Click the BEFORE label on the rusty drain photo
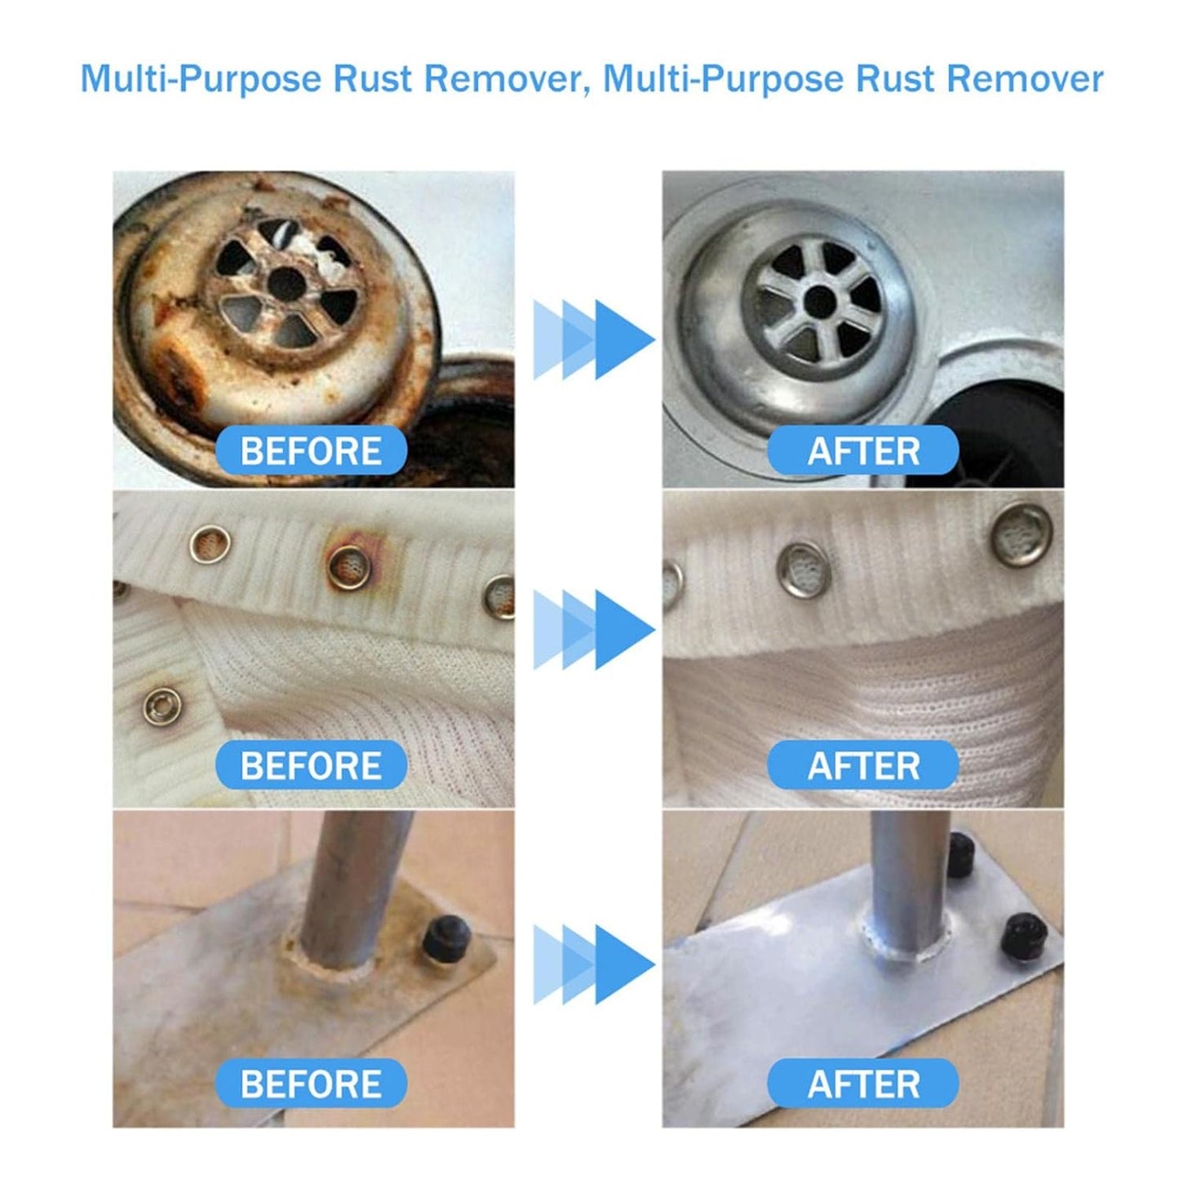(312, 450)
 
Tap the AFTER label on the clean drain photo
(862, 450)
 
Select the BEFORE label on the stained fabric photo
(312, 765)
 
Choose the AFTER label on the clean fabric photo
(862, 765)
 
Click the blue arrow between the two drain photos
(593, 339)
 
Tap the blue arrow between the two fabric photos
(593, 629)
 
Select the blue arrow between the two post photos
(593, 964)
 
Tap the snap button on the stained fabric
(160, 707)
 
